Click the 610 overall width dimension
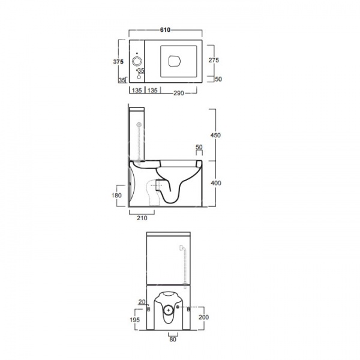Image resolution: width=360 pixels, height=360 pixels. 166,30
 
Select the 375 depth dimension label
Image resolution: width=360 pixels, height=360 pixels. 118,62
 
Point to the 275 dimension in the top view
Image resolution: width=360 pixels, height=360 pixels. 214,60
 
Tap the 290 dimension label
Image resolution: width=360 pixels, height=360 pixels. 179,93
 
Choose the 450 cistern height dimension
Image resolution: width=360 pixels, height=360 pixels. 215,135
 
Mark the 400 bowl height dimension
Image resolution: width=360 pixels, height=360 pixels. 216,183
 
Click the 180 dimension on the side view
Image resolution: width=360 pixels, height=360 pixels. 116,196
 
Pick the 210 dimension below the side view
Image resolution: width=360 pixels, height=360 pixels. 142,218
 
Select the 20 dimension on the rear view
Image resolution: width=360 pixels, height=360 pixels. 142,302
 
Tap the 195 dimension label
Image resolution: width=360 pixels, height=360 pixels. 134,320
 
